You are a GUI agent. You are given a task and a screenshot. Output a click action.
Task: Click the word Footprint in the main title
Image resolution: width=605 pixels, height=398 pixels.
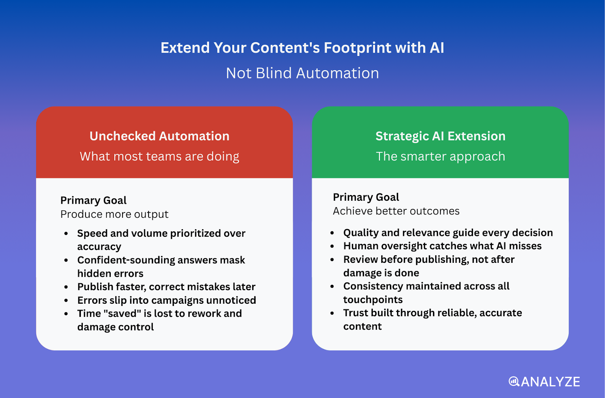coord(357,48)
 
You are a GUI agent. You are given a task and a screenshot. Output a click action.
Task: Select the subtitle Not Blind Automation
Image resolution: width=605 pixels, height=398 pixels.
coord(302,73)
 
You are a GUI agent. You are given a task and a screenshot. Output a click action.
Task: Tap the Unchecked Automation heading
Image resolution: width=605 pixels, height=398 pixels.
coord(159,136)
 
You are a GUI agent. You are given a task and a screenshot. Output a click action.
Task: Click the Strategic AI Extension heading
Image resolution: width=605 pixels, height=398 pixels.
coord(440,136)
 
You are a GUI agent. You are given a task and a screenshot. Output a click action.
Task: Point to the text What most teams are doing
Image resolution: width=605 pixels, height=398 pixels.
coord(159,156)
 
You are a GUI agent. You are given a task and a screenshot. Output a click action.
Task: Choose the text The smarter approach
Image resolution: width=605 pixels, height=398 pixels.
coord(440,156)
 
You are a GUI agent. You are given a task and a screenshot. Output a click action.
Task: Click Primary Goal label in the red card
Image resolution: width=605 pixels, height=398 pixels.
coord(93,200)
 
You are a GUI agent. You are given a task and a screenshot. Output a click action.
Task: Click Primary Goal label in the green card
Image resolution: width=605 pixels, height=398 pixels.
coord(366,197)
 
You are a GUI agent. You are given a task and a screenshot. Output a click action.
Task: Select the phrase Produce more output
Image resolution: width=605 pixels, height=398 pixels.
coord(114,214)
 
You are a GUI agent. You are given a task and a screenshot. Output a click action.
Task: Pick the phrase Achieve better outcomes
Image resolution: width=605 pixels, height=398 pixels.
coord(396,211)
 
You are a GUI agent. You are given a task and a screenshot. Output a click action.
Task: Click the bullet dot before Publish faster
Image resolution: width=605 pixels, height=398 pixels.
coord(66,287)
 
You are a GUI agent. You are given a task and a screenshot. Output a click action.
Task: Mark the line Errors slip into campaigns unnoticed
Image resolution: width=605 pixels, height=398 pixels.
coord(167,300)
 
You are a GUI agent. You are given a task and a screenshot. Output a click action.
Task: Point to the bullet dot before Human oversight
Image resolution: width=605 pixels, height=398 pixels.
coord(332,246)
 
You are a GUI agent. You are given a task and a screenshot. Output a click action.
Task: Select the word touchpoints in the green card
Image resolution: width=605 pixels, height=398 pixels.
coord(373,300)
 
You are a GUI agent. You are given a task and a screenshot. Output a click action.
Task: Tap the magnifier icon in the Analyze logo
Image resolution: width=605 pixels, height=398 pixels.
coord(514,381)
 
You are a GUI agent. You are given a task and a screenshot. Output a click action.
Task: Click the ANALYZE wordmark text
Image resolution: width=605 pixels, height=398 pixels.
coord(551,382)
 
